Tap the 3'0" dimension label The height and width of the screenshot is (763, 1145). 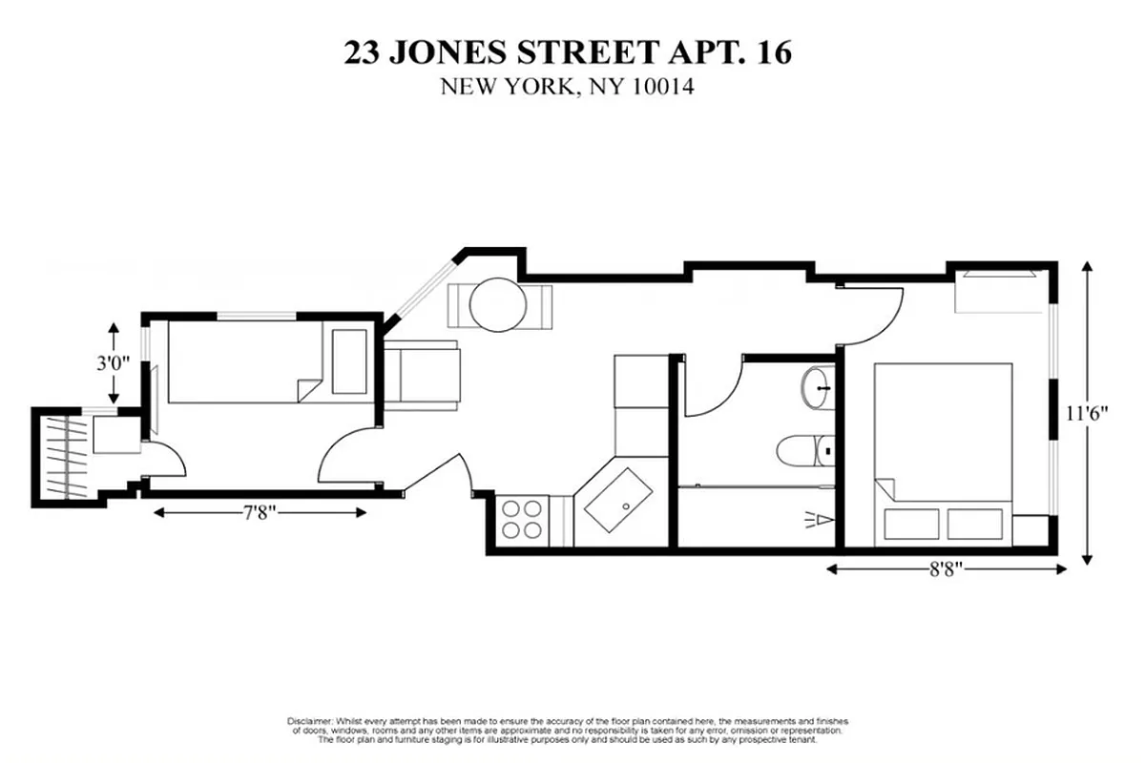coord(114,363)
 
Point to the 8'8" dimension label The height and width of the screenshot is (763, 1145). coord(945,569)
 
